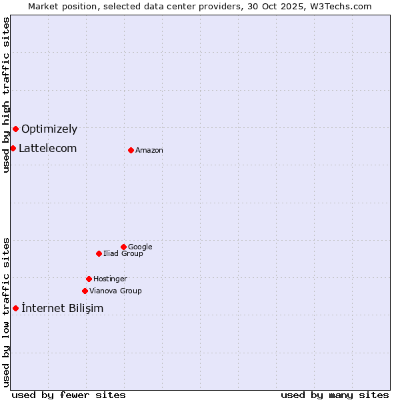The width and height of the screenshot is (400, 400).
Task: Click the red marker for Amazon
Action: click(131, 150)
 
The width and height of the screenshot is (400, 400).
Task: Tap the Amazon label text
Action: click(149, 151)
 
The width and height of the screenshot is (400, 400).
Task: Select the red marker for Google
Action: click(123, 247)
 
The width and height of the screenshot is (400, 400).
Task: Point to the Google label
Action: click(140, 247)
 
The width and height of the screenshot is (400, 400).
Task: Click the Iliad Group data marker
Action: click(99, 253)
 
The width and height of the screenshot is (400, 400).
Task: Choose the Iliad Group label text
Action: click(123, 254)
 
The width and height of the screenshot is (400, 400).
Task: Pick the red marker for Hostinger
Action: click(89, 279)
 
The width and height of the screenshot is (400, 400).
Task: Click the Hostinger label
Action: click(110, 279)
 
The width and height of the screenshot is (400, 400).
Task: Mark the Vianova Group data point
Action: click(85, 291)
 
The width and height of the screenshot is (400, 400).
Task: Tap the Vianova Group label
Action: click(115, 291)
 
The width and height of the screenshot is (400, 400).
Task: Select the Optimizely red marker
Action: click(15, 129)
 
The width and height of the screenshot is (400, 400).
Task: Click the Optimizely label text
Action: click(49, 129)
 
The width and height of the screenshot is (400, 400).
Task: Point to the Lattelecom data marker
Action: click(13, 148)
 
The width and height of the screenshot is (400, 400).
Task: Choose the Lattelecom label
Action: click(47, 149)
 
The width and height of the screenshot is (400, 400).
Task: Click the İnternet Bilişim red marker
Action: click(15, 308)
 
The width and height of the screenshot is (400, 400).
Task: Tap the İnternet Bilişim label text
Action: click(63, 308)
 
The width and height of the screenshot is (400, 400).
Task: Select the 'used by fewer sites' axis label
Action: click(69, 395)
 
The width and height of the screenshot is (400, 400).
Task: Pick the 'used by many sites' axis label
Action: click(335, 395)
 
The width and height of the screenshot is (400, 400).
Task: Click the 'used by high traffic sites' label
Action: click(6, 95)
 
